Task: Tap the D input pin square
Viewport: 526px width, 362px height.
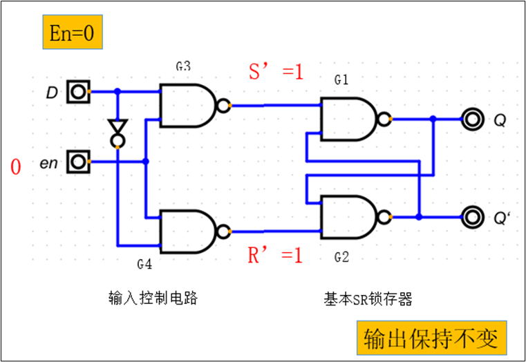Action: (x=78, y=91)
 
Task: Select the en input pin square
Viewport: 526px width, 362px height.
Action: (x=78, y=162)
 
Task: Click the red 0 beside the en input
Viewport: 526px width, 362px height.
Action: (x=15, y=166)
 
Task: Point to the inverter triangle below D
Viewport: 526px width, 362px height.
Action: (x=118, y=128)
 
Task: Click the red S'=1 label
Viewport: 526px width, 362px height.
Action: (x=276, y=71)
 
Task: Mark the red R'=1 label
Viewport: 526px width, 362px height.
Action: (x=275, y=256)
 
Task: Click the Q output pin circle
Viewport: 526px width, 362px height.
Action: (x=473, y=119)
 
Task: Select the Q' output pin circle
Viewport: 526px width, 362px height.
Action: (x=473, y=217)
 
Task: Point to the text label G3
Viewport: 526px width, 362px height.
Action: (x=183, y=66)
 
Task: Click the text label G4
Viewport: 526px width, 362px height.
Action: (x=144, y=264)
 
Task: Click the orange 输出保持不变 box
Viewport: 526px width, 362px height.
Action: (x=431, y=339)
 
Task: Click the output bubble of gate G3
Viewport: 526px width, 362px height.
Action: (x=223, y=106)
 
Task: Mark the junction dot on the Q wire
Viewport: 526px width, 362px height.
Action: (x=433, y=119)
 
